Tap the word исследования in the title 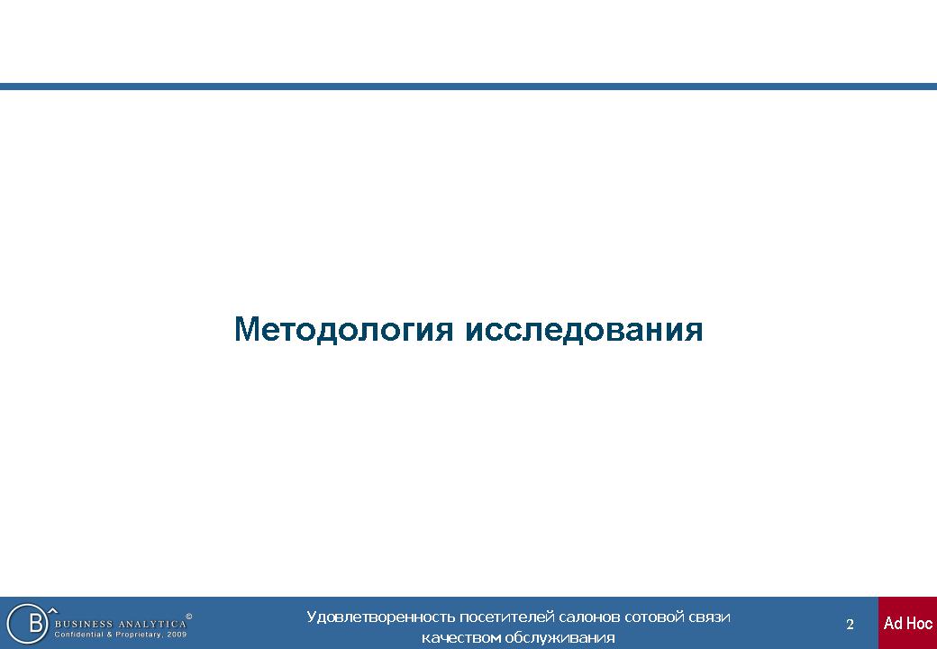click(x=584, y=330)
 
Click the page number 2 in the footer click(x=850, y=625)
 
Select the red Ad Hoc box click(x=908, y=623)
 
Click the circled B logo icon click(x=28, y=623)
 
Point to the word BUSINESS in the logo click(x=82, y=625)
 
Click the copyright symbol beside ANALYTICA click(x=189, y=617)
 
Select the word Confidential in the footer click(x=79, y=635)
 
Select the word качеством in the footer click(x=460, y=637)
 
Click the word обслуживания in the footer click(x=559, y=637)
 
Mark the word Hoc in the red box click(x=919, y=623)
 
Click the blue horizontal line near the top click(x=468, y=87)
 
